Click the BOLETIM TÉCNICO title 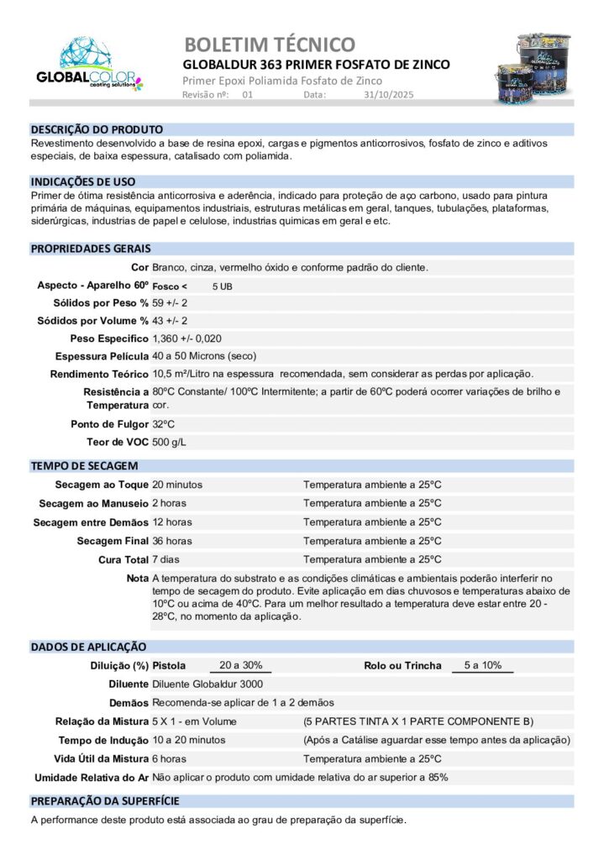[x=269, y=45]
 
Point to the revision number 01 [x=247, y=95]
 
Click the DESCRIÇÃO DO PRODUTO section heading [x=97, y=129]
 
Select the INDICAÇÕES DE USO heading [x=83, y=181]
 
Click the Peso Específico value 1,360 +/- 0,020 [x=187, y=338]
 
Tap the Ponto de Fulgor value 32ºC [x=163, y=424]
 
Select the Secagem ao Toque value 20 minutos [x=177, y=485]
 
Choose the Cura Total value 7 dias [x=168, y=559]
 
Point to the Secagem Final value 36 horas [x=172, y=541]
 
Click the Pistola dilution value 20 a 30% [x=240, y=665]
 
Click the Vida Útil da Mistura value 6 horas [x=169, y=758]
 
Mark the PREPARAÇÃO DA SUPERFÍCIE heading [x=105, y=801]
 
